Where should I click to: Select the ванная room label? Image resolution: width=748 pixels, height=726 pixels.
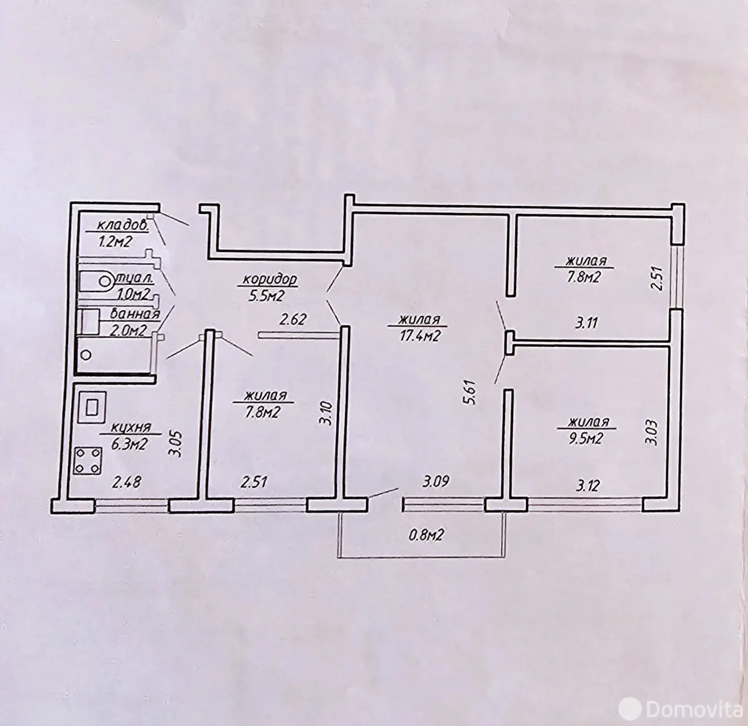[x=134, y=314]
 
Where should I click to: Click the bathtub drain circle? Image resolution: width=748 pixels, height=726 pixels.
[x=86, y=355]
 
